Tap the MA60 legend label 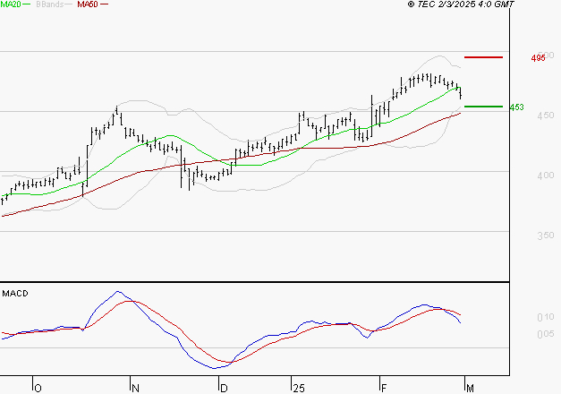pyautogui.click(x=88, y=4)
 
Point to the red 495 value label pyautogui.click(x=538, y=58)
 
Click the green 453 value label pyautogui.click(x=516, y=107)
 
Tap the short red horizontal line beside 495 pyautogui.click(x=482, y=57)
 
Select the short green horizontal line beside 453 pyautogui.click(x=482, y=107)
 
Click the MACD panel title pyautogui.click(x=15, y=293)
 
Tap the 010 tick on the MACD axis pyautogui.click(x=543, y=318)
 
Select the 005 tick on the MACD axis pyautogui.click(x=543, y=335)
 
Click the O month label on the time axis pyautogui.click(x=38, y=388)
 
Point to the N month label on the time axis pyautogui.click(x=135, y=388)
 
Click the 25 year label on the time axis pyautogui.click(x=298, y=388)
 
